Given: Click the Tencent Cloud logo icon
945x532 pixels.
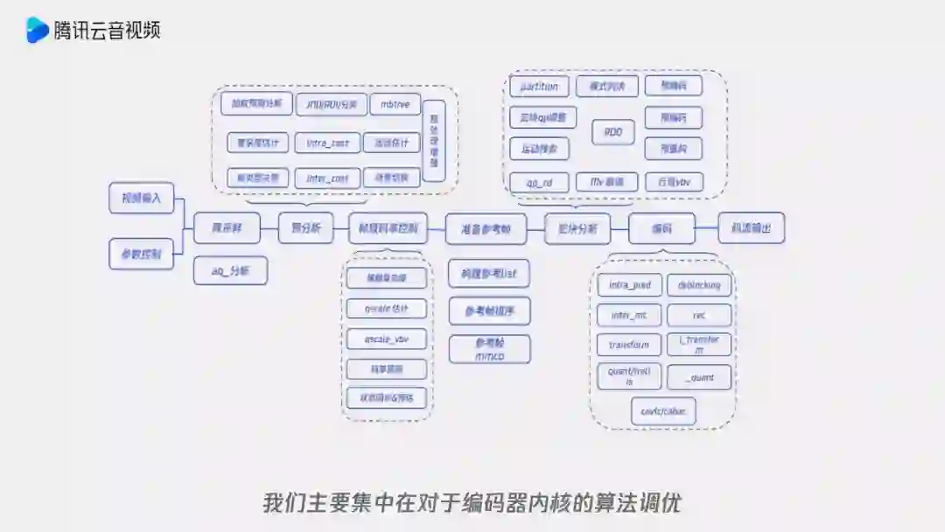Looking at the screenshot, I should [37, 30].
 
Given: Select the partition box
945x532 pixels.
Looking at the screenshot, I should [539, 87].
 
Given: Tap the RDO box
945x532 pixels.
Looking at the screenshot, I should [613, 132].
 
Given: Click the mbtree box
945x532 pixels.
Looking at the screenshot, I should [395, 104].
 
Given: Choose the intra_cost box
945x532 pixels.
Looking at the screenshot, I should [327, 143].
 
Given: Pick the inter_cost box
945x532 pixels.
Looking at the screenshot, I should [327, 178].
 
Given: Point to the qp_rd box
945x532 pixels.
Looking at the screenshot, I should [539, 183].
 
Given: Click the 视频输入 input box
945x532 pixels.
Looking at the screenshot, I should [142, 198].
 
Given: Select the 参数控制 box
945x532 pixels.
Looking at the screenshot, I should [142, 254].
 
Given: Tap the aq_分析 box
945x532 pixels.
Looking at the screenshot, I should [230, 271].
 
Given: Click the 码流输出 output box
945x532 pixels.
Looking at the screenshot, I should [751, 227].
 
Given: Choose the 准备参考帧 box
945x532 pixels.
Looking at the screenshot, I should [486, 229].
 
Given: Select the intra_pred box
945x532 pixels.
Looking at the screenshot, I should [629, 285].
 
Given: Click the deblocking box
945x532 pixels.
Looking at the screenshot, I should [699, 285].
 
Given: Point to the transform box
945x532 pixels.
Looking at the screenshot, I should [629, 345].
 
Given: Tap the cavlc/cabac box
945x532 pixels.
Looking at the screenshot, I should [663, 411].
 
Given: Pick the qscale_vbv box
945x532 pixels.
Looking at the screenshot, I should [386, 338].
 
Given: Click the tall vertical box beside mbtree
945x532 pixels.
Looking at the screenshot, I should [434, 141].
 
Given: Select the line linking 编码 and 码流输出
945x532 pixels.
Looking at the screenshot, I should [707, 228].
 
